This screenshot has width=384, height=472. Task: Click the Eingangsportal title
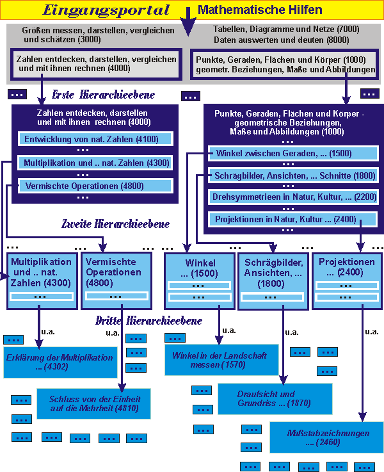coord(105,10)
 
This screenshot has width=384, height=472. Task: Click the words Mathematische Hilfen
coord(260,10)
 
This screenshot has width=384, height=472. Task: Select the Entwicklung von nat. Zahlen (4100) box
coord(95,139)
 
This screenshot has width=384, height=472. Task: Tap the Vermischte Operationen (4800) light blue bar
coord(95,186)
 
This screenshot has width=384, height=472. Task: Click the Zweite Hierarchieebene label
coord(115,224)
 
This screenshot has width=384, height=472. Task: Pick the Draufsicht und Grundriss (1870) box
coord(275,399)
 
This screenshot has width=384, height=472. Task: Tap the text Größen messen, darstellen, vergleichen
coord(90,30)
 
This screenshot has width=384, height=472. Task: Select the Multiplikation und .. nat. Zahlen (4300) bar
coord(95,163)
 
